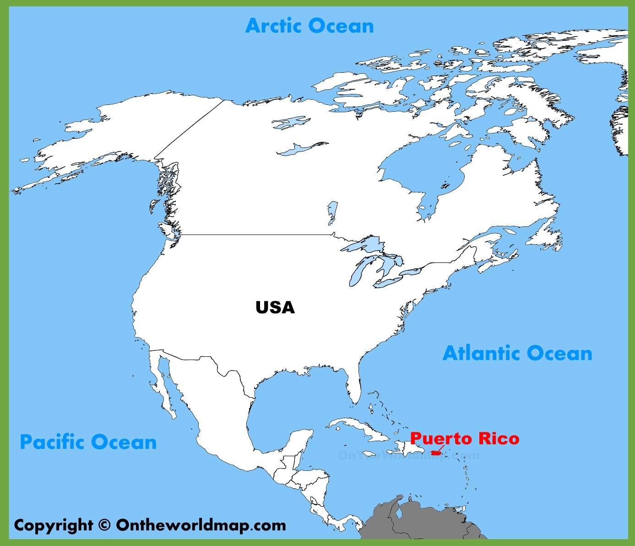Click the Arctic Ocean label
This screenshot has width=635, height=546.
point(309,26)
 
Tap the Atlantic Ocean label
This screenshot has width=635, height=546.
point(517,354)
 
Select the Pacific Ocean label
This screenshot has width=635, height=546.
point(88,442)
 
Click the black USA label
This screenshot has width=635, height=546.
point(275,307)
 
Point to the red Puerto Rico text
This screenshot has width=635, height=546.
point(465,438)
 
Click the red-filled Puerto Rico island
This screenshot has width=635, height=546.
point(436,453)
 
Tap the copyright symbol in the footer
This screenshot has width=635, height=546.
point(104,525)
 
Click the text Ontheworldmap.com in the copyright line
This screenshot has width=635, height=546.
point(201,525)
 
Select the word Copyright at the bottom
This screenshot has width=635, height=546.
point(54,525)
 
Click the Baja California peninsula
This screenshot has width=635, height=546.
point(162,385)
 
